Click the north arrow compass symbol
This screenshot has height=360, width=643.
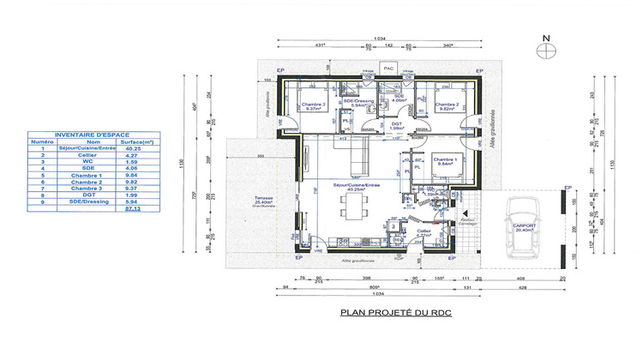click(546, 50)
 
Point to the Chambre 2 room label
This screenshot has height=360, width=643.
click(447, 106)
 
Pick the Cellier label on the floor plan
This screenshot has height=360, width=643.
click(423, 232)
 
